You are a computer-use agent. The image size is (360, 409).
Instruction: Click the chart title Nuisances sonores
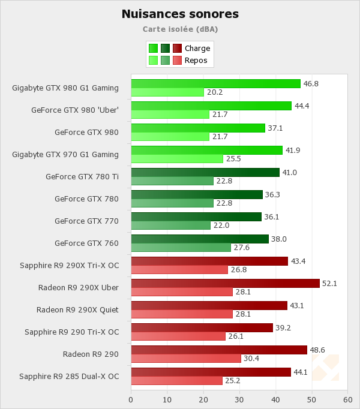pos(180,14)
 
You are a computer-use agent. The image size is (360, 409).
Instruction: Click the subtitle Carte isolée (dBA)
pos(180,29)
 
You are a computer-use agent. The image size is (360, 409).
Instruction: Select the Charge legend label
pos(197,49)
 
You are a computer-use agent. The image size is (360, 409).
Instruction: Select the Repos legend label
pos(196,60)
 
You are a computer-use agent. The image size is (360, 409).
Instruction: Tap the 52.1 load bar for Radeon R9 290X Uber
pos(225,283)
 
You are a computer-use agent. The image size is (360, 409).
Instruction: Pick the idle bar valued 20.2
pos(167,92)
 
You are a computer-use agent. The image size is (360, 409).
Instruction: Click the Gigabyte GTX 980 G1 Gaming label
pos(65,88)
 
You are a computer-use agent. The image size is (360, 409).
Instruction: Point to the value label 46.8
pos(311,84)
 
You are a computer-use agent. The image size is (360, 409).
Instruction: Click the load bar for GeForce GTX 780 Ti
pos(205,173)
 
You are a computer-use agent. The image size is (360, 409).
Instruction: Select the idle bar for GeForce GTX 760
pos(181,248)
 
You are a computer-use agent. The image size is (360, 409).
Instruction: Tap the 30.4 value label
pos(250,359)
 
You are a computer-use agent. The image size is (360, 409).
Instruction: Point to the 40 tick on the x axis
pos(275,399)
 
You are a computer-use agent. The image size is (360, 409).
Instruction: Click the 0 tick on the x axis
pos(131,399)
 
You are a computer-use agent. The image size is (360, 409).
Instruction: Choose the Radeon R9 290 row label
pos(91,354)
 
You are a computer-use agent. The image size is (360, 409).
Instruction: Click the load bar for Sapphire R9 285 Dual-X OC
pos(211,372)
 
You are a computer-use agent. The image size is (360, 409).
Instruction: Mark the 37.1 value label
pos(275,128)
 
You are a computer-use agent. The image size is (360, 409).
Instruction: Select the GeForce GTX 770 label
pos(86,221)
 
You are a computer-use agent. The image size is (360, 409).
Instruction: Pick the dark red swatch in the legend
pos(177,49)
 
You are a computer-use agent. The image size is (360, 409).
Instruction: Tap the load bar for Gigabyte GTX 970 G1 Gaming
pos(206,150)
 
